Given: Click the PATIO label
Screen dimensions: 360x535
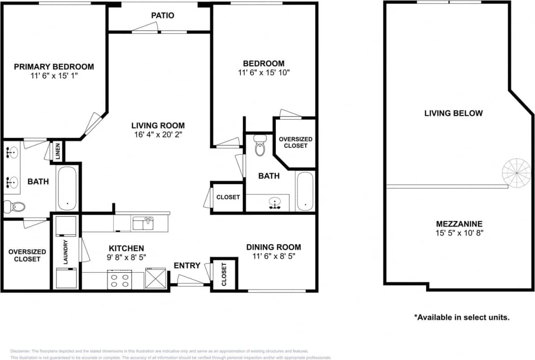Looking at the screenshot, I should point(163,16).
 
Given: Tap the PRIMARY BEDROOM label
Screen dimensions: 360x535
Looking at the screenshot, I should point(54,67).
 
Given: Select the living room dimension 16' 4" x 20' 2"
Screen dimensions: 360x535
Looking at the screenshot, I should point(158,135).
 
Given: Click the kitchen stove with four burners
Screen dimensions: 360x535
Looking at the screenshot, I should point(120,279).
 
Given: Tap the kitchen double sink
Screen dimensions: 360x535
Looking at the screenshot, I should point(143,223).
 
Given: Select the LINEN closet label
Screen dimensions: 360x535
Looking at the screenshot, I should point(58,151).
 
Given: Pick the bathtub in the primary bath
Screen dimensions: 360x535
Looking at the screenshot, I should point(67,188).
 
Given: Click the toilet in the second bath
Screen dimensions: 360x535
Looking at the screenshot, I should point(260,145).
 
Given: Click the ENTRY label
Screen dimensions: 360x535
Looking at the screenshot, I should point(187,266).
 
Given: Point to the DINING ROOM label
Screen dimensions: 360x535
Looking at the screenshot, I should point(274,247).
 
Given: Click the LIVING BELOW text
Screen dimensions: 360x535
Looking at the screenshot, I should point(454,113).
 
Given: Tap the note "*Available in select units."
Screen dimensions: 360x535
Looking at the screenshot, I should point(462,317).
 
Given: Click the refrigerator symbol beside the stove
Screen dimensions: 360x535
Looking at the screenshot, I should point(155,278).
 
